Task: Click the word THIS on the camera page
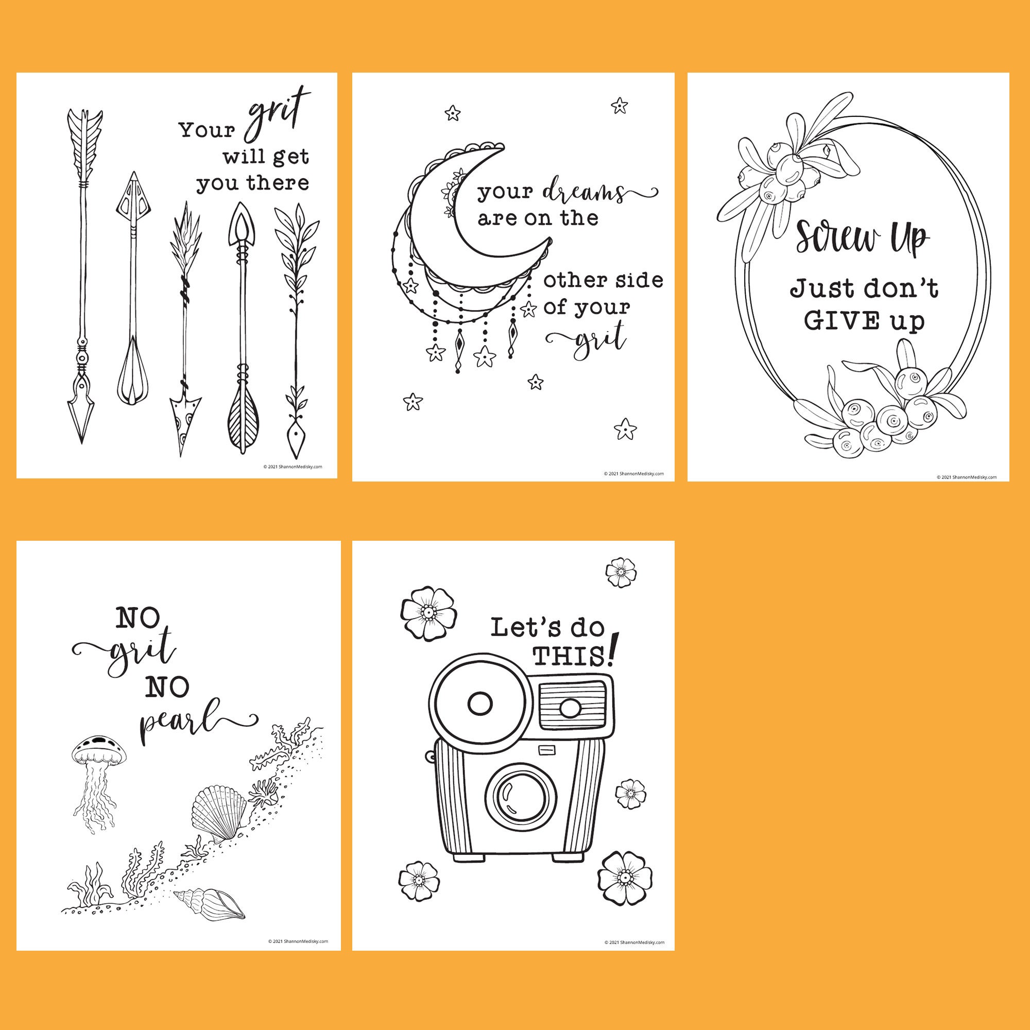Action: click(x=569, y=657)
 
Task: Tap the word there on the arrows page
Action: click(x=278, y=183)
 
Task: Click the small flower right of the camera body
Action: click(x=630, y=794)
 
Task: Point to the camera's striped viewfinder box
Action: click(x=574, y=706)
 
